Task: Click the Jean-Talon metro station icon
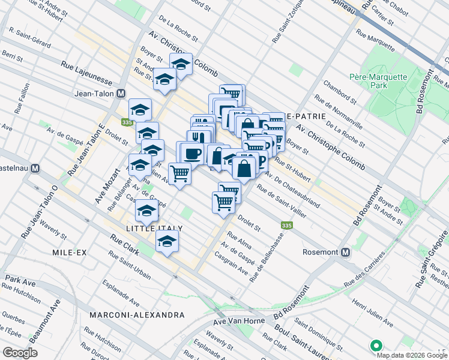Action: [121, 93]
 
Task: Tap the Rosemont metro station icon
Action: [345, 253]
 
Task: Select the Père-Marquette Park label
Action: [378, 81]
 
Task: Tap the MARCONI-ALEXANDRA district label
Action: [136, 315]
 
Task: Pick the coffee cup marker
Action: [193, 153]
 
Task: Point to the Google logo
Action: [20, 352]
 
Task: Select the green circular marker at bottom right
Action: [376, 346]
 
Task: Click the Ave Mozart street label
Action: [103, 185]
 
